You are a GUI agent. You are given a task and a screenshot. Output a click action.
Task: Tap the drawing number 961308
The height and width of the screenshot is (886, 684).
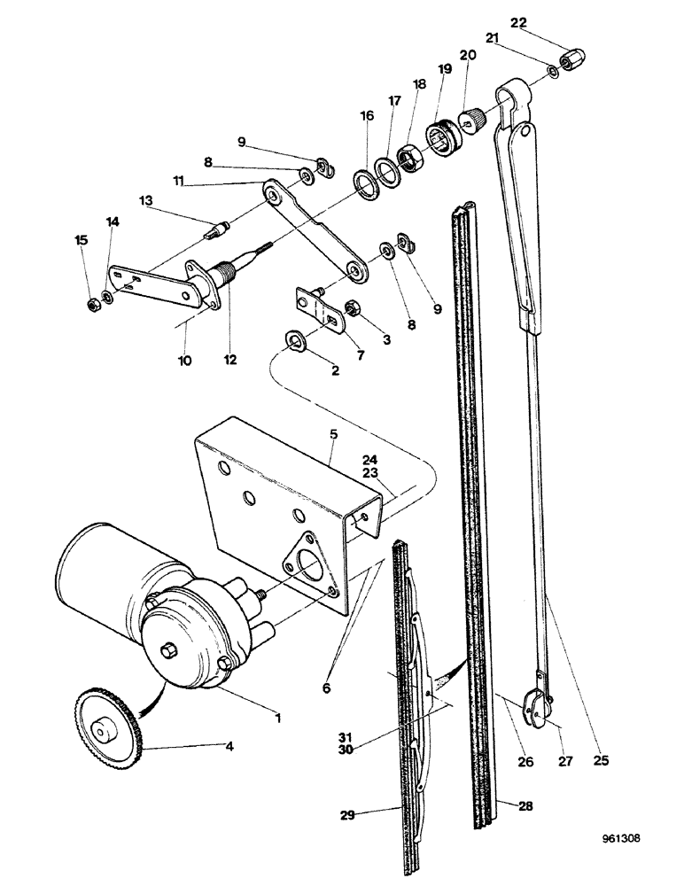click(633, 859)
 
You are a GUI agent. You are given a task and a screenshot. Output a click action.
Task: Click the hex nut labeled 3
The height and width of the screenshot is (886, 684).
click(348, 311)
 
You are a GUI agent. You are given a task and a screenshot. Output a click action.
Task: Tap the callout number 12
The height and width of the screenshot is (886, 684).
click(231, 359)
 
